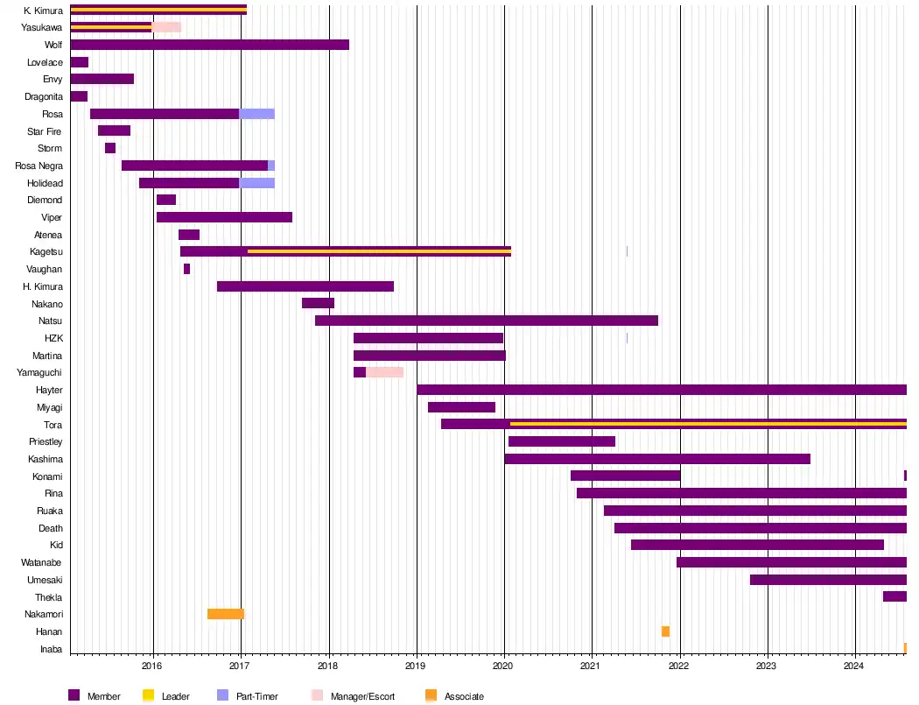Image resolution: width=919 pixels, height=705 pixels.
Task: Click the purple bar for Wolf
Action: [x=209, y=45]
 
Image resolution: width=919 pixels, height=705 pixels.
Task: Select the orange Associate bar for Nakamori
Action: [x=225, y=614]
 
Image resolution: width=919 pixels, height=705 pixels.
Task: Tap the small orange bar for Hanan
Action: [x=665, y=631]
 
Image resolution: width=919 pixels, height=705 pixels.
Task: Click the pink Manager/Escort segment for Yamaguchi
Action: [x=384, y=372]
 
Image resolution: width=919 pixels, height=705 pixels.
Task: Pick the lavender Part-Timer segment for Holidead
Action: [x=257, y=183]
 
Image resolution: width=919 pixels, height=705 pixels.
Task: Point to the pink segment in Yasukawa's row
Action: [x=166, y=27]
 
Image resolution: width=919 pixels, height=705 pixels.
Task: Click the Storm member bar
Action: [x=110, y=148]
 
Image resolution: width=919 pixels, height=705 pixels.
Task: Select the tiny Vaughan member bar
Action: [x=186, y=269]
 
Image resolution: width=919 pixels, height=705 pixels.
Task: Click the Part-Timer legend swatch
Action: [x=222, y=695]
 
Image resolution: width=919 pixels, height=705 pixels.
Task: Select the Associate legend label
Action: [x=464, y=696]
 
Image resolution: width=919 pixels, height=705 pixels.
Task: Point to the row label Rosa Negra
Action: [x=39, y=166]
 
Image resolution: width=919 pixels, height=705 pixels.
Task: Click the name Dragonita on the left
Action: [x=44, y=96]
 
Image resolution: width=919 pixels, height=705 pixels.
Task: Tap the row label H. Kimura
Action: [x=43, y=286]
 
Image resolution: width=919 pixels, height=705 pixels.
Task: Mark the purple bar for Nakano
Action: [x=318, y=303]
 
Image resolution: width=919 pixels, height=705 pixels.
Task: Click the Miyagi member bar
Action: [x=461, y=407]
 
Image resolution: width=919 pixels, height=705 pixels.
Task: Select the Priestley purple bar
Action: [x=561, y=441]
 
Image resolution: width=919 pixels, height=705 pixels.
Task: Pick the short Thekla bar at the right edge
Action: [x=894, y=596]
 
